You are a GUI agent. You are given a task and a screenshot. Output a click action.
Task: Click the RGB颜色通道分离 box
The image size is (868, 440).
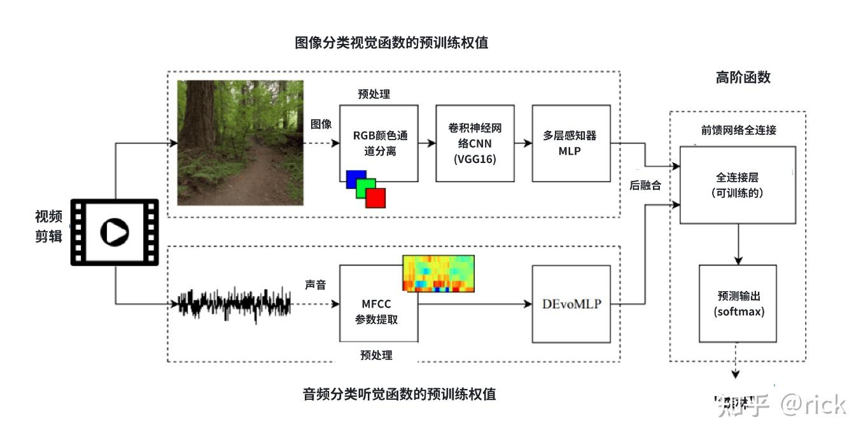point(379,143)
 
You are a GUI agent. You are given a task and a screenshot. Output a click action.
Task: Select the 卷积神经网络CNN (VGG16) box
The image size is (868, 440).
point(475,143)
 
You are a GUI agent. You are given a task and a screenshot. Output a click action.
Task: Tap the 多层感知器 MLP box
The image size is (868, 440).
point(571,143)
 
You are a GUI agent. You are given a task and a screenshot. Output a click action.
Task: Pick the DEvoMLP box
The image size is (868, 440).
point(571,304)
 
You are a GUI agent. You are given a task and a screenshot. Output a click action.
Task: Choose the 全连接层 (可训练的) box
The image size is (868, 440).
point(738,184)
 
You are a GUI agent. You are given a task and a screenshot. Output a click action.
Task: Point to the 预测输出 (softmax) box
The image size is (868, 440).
point(738,304)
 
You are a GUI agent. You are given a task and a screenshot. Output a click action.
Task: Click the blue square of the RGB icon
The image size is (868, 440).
point(355,179)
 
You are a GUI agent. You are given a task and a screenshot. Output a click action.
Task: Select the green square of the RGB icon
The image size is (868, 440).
point(366,188)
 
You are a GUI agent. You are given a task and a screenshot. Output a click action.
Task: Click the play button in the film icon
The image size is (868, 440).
point(115,232)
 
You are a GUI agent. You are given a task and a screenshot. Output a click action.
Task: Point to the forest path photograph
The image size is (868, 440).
point(240,143)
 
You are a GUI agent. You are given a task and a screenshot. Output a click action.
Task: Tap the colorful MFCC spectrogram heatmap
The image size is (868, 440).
point(438,274)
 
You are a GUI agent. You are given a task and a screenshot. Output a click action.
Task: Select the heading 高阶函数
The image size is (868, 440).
point(743,77)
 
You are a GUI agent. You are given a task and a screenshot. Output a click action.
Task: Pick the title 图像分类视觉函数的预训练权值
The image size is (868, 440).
point(391,43)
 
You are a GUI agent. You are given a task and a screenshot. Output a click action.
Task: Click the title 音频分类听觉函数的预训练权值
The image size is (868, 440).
point(399,394)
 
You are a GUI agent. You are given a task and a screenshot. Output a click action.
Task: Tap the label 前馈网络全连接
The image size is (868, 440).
point(738,130)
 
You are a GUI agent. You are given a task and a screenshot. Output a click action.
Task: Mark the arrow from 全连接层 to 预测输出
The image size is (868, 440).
point(738,244)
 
